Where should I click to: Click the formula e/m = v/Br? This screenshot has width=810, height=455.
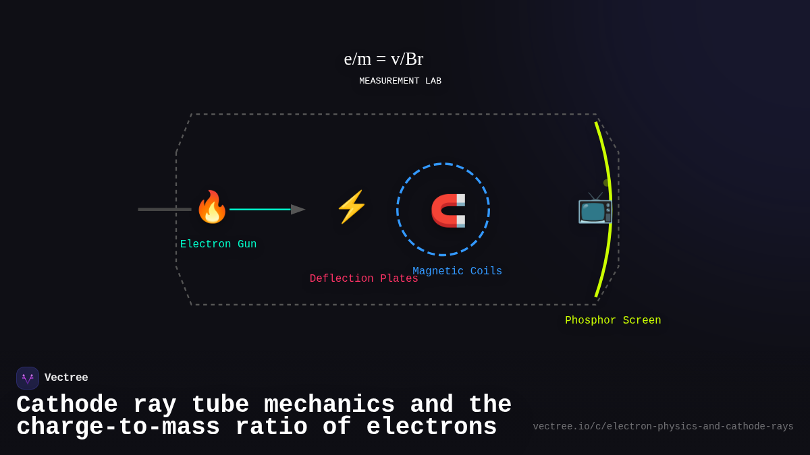click(x=383, y=59)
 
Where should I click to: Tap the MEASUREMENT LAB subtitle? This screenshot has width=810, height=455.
click(x=400, y=81)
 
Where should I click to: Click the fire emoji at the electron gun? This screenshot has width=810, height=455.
click(x=211, y=207)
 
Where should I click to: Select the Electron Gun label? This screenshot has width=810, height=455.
click(x=218, y=244)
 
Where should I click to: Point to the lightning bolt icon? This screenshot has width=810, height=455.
click(x=351, y=207)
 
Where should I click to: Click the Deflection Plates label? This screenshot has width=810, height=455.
click(x=363, y=278)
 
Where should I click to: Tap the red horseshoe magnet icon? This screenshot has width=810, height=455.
click(x=448, y=210)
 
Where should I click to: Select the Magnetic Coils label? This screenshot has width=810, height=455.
click(x=457, y=271)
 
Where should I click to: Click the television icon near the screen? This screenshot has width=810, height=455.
click(x=594, y=208)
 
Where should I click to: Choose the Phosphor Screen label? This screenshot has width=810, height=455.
click(x=613, y=320)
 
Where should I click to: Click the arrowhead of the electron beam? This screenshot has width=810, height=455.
click(x=298, y=210)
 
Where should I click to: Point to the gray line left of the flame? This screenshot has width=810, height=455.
click(x=164, y=210)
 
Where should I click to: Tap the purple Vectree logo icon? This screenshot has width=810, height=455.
click(x=28, y=378)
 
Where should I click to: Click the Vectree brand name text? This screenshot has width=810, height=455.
click(x=66, y=377)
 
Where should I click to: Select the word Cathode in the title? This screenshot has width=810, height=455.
click(x=67, y=405)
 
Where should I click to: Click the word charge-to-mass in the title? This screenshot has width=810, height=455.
click(x=118, y=427)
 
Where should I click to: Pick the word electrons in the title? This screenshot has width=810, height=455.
click(x=431, y=427)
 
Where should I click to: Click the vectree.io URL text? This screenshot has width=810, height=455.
click(x=663, y=427)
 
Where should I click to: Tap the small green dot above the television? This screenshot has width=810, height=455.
click(x=606, y=183)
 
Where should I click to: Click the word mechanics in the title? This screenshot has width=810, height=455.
click(x=329, y=405)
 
